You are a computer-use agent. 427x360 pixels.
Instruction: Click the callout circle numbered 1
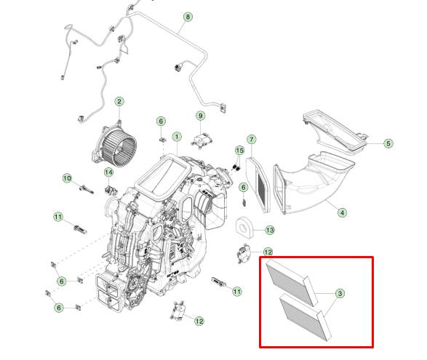pos(177,137)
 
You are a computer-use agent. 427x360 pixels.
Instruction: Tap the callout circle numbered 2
pos(119,102)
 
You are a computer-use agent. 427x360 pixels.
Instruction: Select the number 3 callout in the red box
pos(340,294)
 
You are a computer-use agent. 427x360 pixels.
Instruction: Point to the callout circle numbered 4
pos(342,212)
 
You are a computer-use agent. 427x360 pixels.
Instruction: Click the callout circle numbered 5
pos(388,143)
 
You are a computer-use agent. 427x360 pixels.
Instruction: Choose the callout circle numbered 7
pos(252,140)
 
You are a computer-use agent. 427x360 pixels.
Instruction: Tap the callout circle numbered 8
pos(188,17)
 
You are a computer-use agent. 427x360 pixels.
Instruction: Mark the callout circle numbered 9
pos(201,116)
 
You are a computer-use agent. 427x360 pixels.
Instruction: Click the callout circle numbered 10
pos(67,178)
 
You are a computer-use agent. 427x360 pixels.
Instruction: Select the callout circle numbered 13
pos(270,231)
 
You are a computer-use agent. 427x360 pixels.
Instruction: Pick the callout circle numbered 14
pos(108,172)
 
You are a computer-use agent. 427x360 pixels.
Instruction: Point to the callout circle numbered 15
pos(239,151)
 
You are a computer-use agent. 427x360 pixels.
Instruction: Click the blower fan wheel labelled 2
pos(115,145)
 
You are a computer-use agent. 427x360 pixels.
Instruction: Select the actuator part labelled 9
pos(201,140)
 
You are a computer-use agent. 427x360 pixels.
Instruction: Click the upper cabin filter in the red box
pos(292,282)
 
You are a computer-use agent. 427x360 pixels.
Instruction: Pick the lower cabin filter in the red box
pos(306,317)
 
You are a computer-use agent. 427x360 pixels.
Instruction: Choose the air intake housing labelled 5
pos(335,132)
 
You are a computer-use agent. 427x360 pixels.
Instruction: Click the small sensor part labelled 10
pos(87,189)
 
